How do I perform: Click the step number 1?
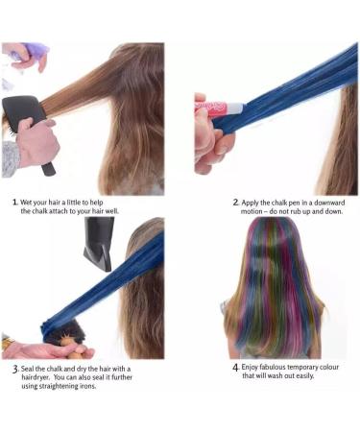click(14, 203)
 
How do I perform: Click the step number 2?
click(235, 203)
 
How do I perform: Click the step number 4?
click(235, 368)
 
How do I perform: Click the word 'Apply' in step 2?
click(254, 203)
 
